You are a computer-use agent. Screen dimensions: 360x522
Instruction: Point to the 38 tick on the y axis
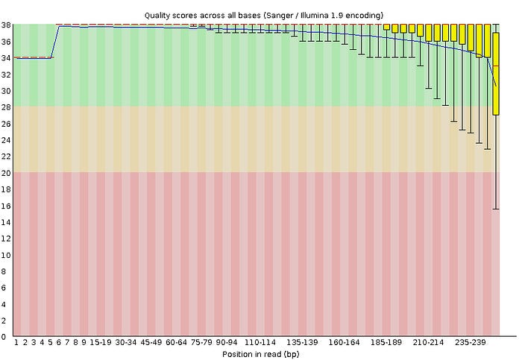6,25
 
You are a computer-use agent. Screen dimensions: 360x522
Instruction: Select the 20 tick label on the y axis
6,172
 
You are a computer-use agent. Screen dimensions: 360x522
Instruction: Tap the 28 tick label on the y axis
6,107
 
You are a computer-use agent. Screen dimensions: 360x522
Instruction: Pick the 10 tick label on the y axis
6,255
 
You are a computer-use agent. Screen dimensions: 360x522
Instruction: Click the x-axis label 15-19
101,343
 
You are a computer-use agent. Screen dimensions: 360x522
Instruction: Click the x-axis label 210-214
429,343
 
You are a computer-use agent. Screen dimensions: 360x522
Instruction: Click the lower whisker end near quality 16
496,209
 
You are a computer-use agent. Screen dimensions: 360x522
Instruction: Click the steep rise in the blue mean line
55,42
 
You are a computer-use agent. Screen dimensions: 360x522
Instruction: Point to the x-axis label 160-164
345,343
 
